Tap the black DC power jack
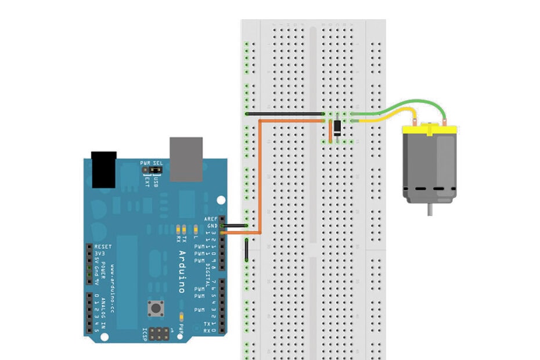(x=104, y=169)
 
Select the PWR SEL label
(x=151, y=164)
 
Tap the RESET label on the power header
(x=103, y=247)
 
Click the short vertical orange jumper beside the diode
(x=330, y=131)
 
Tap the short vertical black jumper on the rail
(x=247, y=250)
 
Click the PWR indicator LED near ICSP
(x=182, y=317)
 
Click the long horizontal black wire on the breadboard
(x=285, y=114)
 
